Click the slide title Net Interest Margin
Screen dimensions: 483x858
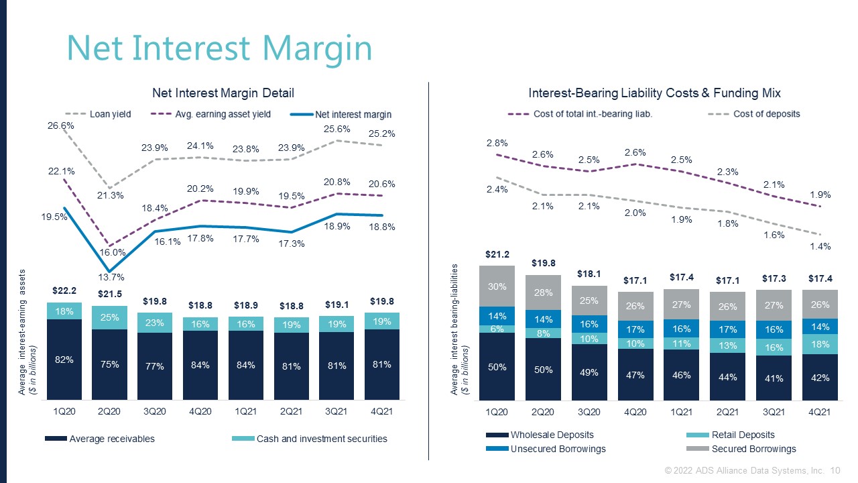(219, 48)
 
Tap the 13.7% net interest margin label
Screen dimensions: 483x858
(112, 277)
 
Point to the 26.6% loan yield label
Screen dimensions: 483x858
(61, 125)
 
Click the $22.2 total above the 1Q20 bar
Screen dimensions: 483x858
(64, 290)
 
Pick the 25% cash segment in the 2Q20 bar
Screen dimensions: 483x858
(110, 317)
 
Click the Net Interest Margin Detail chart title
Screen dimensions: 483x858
(223, 93)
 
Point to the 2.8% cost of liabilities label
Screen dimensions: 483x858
(497, 143)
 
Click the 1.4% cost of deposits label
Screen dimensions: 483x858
(820, 246)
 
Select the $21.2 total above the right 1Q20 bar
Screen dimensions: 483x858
(497, 255)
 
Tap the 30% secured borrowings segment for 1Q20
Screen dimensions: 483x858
(497, 286)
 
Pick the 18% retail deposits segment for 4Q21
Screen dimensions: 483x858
(820, 343)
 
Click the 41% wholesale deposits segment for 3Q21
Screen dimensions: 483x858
(774, 378)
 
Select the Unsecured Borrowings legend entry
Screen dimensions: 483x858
(558, 448)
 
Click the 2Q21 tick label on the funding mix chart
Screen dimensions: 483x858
(727, 412)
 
